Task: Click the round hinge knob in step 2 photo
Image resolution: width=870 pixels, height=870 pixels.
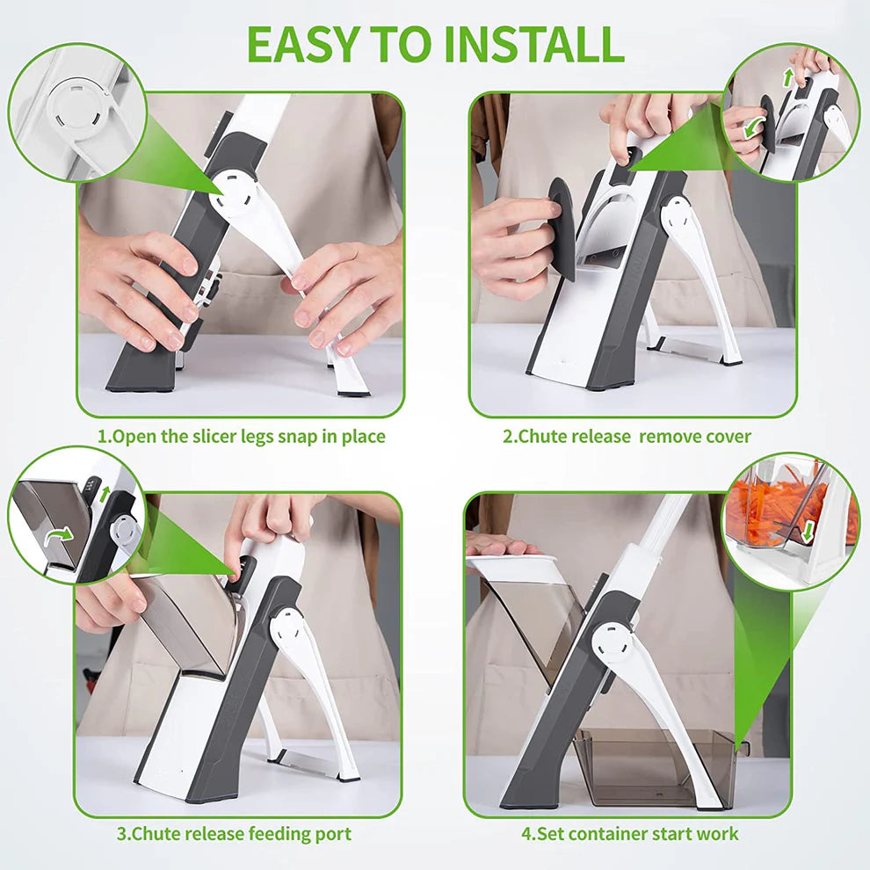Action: (x=676, y=213)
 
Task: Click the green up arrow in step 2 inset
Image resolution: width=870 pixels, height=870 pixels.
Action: (x=788, y=76)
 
